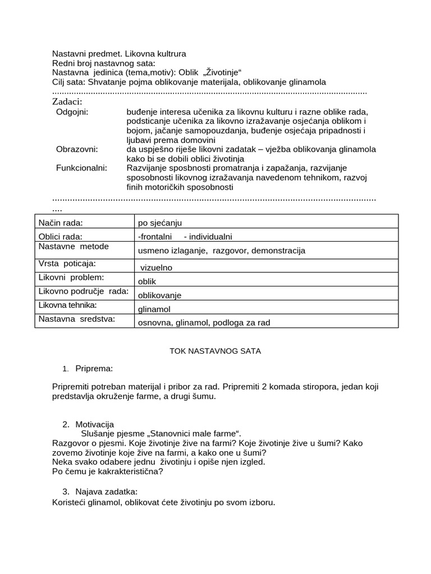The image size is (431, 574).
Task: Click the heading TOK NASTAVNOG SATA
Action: (x=215, y=351)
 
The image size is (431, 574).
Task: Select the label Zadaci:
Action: (x=67, y=101)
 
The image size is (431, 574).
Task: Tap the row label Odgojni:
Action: (x=72, y=112)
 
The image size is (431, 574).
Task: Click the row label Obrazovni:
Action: (x=77, y=149)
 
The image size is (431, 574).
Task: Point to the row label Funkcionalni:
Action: (x=81, y=168)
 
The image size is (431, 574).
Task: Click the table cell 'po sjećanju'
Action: (x=160, y=223)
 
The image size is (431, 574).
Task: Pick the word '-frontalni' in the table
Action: (x=154, y=237)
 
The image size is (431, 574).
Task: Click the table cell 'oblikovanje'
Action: (x=159, y=295)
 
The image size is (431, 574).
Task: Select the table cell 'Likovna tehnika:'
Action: (x=67, y=305)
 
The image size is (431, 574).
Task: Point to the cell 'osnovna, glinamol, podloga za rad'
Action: (x=200, y=322)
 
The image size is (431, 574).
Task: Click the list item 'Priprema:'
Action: (x=94, y=368)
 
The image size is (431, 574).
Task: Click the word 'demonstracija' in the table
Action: (x=278, y=251)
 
